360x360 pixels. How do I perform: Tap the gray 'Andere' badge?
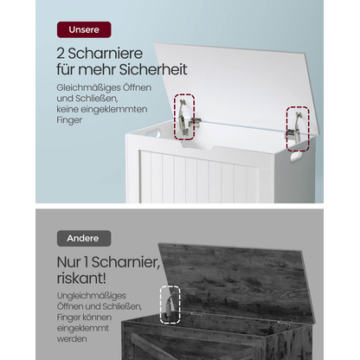84,238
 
